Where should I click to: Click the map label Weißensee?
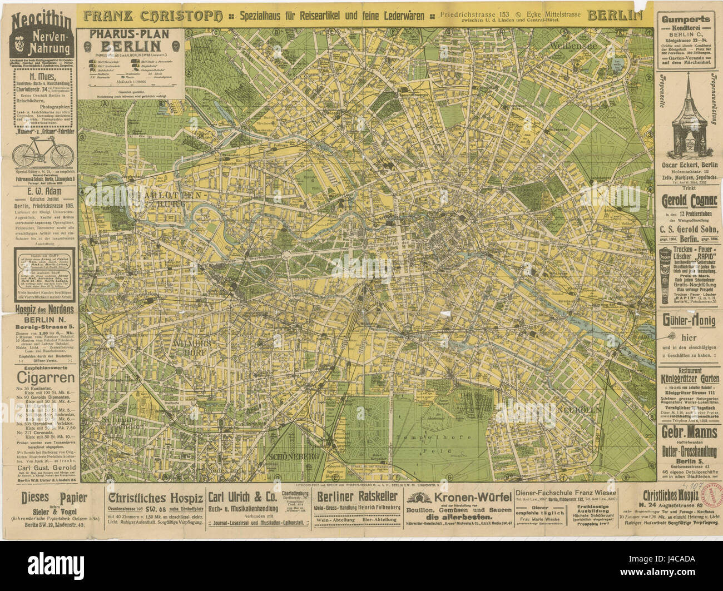(x=573, y=46)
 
